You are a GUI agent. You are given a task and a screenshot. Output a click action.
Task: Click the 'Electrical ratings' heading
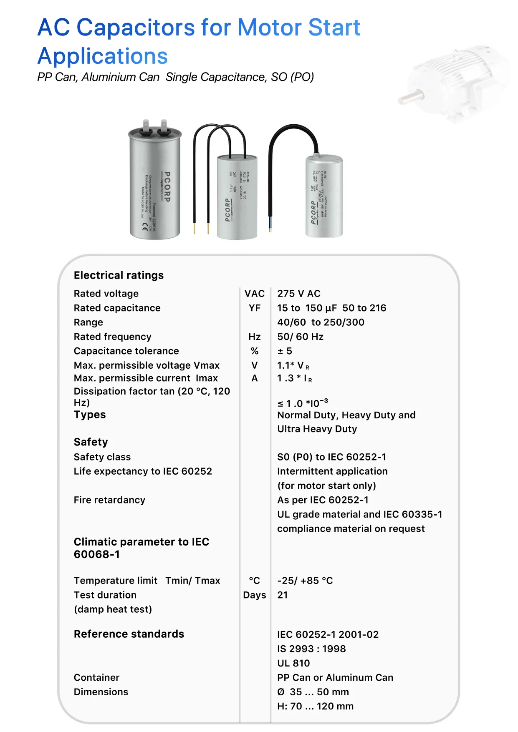pos(119,275)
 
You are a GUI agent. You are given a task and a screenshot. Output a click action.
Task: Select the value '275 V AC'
pos(299,294)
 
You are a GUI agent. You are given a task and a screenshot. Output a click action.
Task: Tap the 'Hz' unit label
pos(255,337)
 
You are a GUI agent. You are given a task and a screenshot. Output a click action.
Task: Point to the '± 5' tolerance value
pos(285,351)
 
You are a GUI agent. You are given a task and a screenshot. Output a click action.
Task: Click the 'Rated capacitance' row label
pos(117,308)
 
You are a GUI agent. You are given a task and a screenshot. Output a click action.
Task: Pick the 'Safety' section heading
pos(91,442)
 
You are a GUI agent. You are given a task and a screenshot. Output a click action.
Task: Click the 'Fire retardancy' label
pos(109,500)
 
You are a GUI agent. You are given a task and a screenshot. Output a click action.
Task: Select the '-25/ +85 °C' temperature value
pos(305,581)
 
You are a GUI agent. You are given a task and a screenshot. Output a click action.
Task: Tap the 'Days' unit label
pos(255,595)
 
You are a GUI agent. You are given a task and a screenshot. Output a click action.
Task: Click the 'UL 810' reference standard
pos(293,663)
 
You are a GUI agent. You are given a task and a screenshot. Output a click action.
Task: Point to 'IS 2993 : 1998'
pos(311,649)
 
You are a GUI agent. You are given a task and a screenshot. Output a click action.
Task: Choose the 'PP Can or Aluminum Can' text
pos(335,678)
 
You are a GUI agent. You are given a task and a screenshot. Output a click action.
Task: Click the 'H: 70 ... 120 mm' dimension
pos(315,706)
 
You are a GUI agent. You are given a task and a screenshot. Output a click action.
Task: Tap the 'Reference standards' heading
pos(129,634)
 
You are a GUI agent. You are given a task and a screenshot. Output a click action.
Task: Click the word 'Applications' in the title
pos(103,56)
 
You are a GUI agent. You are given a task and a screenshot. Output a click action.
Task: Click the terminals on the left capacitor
pos(154,128)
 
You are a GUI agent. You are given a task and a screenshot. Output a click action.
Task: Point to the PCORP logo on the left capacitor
pos(167,187)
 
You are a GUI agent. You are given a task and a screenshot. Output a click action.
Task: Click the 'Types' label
pos(90,415)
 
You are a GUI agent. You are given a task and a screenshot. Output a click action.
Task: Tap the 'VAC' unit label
pos(255,294)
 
